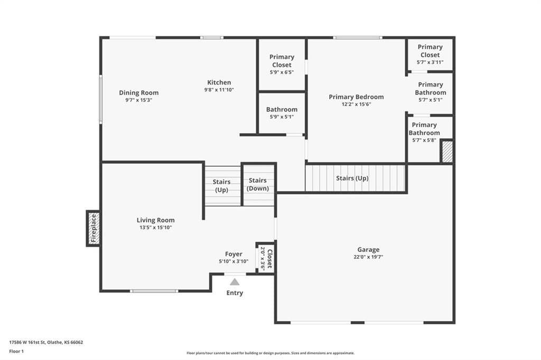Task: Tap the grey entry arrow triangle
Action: tap(235, 282)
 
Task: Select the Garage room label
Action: tap(368, 249)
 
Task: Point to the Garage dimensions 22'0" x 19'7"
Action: tap(368, 257)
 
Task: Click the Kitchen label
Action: tap(219, 82)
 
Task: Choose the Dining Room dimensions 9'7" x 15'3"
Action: tap(139, 100)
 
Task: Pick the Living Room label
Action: tap(156, 220)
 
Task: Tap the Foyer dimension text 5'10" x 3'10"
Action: tap(234, 261)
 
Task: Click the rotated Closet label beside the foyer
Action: tap(270, 259)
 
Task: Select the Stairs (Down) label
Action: tap(258, 184)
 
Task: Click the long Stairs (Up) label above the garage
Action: tap(352, 178)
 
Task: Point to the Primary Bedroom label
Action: tap(356, 97)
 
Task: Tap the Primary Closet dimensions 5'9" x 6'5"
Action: tap(282, 72)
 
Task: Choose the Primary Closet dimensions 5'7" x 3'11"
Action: tap(430, 62)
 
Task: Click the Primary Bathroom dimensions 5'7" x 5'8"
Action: tap(424, 140)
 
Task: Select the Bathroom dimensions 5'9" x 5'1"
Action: tap(282, 117)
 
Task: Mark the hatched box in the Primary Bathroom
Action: tap(447, 151)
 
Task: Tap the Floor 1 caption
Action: tap(16, 352)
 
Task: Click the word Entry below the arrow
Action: tap(235, 293)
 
